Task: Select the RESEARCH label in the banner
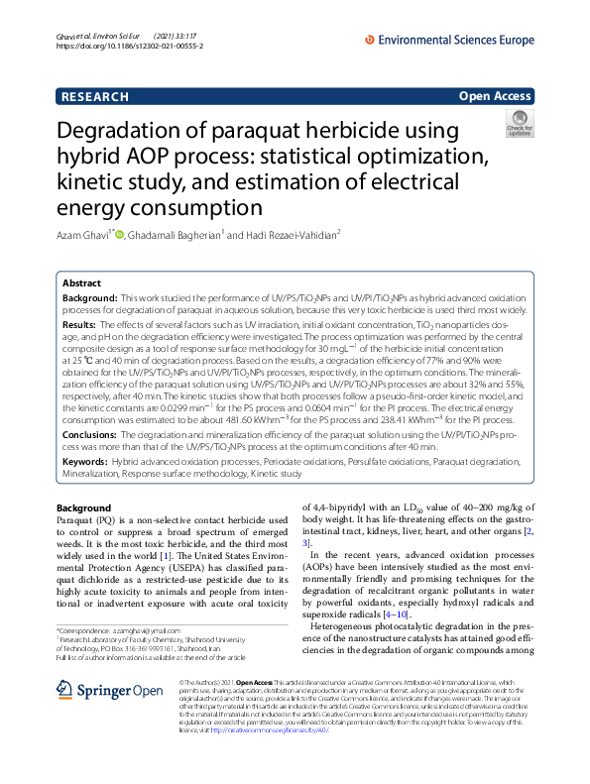(x=95, y=96)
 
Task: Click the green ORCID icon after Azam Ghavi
(x=120, y=233)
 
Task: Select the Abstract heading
(x=83, y=282)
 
